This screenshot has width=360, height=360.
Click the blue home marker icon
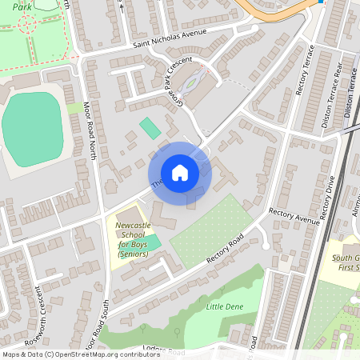coord(180,172)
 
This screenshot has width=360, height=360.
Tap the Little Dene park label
coord(225,306)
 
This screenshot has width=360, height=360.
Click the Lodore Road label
coord(163,351)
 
